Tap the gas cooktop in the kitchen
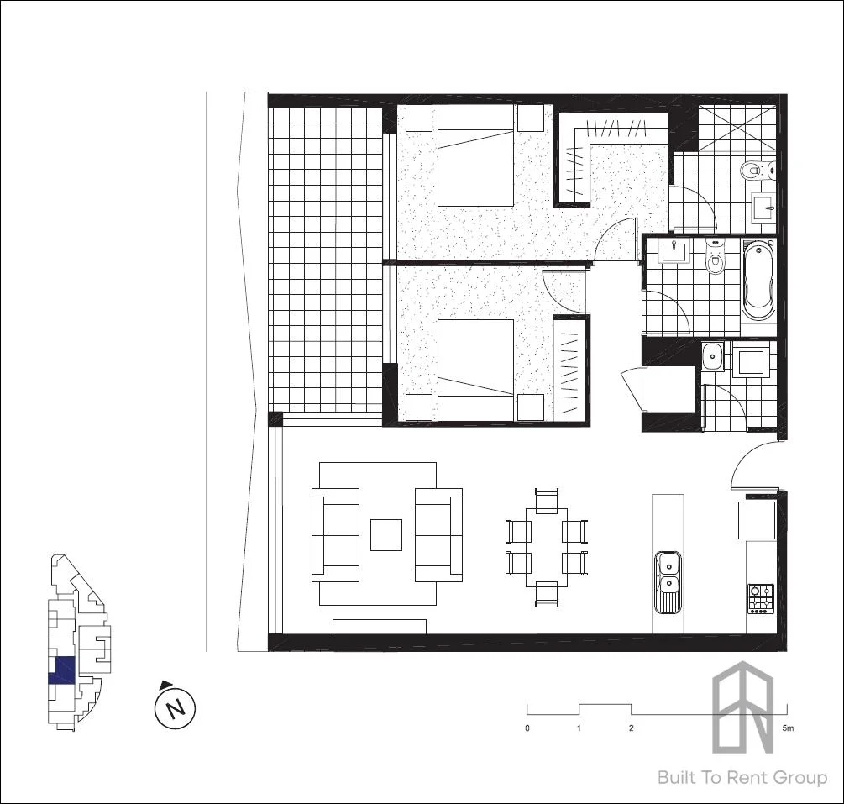click(761, 599)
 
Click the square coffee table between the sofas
click(386, 535)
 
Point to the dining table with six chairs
click(546, 547)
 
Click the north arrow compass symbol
click(175, 707)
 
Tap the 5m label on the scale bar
click(787, 728)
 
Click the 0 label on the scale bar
click(527, 728)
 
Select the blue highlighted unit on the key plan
click(62, 669)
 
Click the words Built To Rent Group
click(742, 778)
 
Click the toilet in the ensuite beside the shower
click(749, 172)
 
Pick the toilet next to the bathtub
click(715, 259)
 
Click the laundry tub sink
click(713, 356)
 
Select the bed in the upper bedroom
click(475, 155)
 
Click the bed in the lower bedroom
click(475, 370)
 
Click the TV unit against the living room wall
click(380, 627)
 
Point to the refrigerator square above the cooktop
click(757, 519)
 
